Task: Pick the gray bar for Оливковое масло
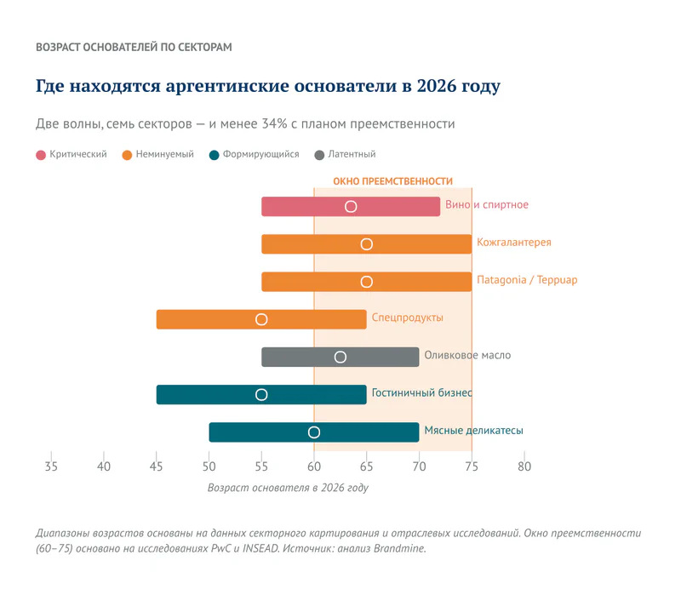(383, 358)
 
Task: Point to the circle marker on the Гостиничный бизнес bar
(261, 395)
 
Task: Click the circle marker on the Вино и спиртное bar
(351, 207)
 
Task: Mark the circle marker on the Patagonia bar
(367, 282)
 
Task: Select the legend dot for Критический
(41, 155)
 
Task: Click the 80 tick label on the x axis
(524, 466)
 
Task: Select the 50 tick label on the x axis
(209, 466)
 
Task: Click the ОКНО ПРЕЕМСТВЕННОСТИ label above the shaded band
(392, 181)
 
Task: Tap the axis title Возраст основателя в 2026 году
(288, 489)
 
